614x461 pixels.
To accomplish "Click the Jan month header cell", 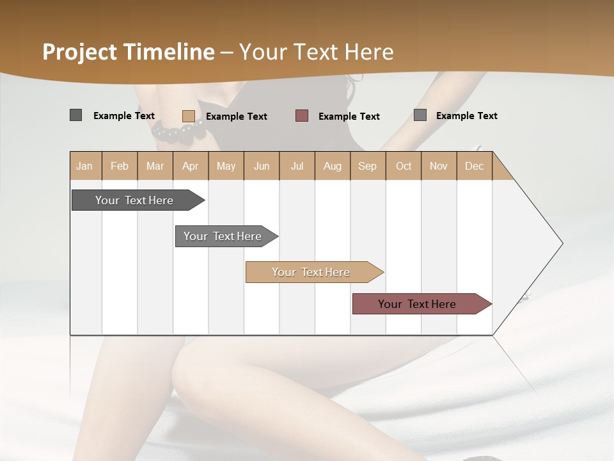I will pos(85,166).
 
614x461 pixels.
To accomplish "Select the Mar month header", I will pos(155,166).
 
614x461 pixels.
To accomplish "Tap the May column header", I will pos(226,166).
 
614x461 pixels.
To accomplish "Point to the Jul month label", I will pos(297,166).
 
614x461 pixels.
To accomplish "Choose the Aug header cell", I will pos(332,166).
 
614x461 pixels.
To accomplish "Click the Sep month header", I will pos(367,166).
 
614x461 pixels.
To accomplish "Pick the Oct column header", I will pos(404,166).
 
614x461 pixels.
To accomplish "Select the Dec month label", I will pos(474,166).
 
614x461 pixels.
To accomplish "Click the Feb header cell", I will pos(120,166).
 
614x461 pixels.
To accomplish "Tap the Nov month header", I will pos(438,166).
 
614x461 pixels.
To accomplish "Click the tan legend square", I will pos(188,116).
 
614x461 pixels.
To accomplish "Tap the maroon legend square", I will pos(302,116).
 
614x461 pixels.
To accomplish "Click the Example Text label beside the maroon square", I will pos(349,117).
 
